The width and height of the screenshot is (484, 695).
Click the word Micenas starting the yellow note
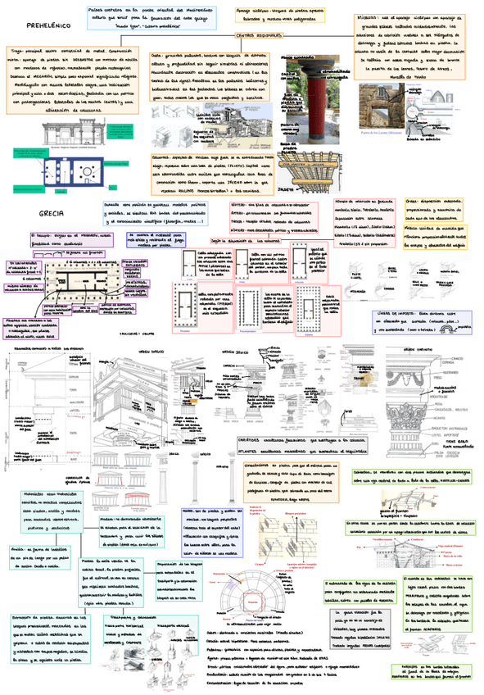[347, 16]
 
